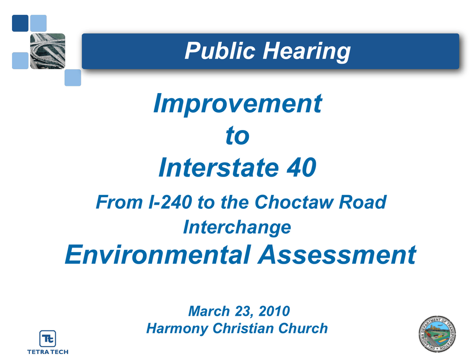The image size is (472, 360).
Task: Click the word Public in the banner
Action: pyautogui.click(x=220, y=51)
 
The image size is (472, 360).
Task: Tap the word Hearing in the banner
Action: pyautogui.click(x=307, y=52)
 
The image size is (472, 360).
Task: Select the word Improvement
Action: pyautogui.click(x=238, y=104)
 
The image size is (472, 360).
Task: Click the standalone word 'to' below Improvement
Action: pyautogui.click(x=237, y=136)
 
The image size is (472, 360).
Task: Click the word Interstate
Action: pyautogui.click(x=219, y=167)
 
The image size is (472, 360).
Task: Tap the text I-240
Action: pyautogui.click(x=171, y=202)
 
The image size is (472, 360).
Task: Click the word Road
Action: pyautogui.click(x=363, y=202)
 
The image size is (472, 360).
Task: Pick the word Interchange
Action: pyautogui.click(x=237, y=227)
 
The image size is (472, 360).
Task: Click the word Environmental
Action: pyautogui.click(x=158, y=254)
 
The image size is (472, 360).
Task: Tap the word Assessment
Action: pyautogui.click(x=337, y=254)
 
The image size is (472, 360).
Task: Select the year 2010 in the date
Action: pyautogui.click(x=274, y=311)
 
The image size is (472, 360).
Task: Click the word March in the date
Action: pyautogui.click(x=209, y=311)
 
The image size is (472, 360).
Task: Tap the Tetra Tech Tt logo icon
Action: pyautogui.click(x=47, y=339)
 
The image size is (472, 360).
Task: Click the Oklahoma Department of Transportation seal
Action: pyautogui.click(x=437, y=334)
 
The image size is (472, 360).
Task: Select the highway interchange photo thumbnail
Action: pyautogui.click(x=47, y=51)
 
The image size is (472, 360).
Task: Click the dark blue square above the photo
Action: pyautogui.click(x=20, y=23)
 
